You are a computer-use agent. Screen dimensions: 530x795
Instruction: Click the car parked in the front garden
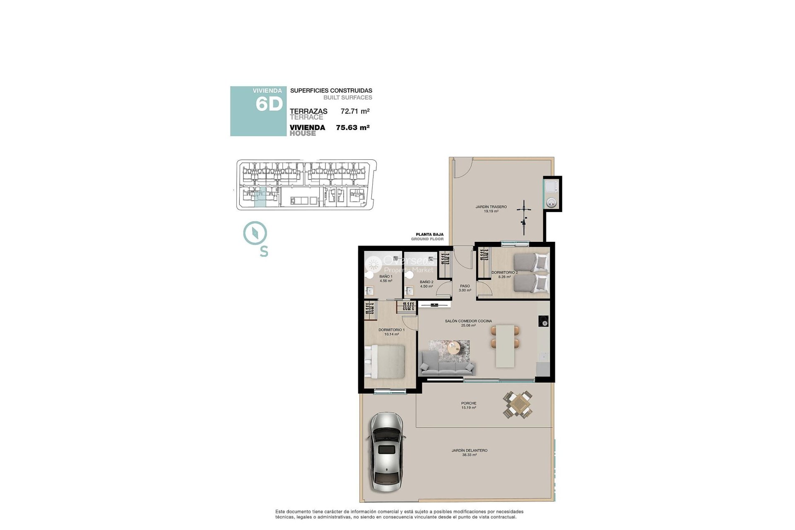click(x=386, y=452)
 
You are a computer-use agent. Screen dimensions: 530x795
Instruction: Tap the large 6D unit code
click(x=269, y=104)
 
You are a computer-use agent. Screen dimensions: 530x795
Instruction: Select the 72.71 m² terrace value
click(x=355, y=111)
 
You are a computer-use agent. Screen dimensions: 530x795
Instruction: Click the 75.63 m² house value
click(x=352, y=128)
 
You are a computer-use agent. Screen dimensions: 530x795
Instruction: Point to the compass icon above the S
click(x=255, y=234)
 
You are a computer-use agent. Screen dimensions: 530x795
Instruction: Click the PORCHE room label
click(x=469, y=403)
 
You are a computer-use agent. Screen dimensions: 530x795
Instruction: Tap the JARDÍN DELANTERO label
click(x=469, y=450)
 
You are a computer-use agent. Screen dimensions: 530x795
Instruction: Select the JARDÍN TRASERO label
click(x=491, y=207)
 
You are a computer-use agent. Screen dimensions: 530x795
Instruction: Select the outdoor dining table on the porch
click(x=518, y=404)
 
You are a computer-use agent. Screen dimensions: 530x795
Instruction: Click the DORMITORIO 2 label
click(x=504, y=272)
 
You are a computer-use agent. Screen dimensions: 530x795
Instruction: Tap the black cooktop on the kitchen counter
click(x=543, y=321)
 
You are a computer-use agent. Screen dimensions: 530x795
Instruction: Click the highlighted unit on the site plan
click(x=260, y=197)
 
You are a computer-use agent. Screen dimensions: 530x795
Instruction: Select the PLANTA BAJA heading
click(x=429, y=234)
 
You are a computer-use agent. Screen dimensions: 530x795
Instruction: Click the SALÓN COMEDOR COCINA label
click(x=468, y=321)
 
